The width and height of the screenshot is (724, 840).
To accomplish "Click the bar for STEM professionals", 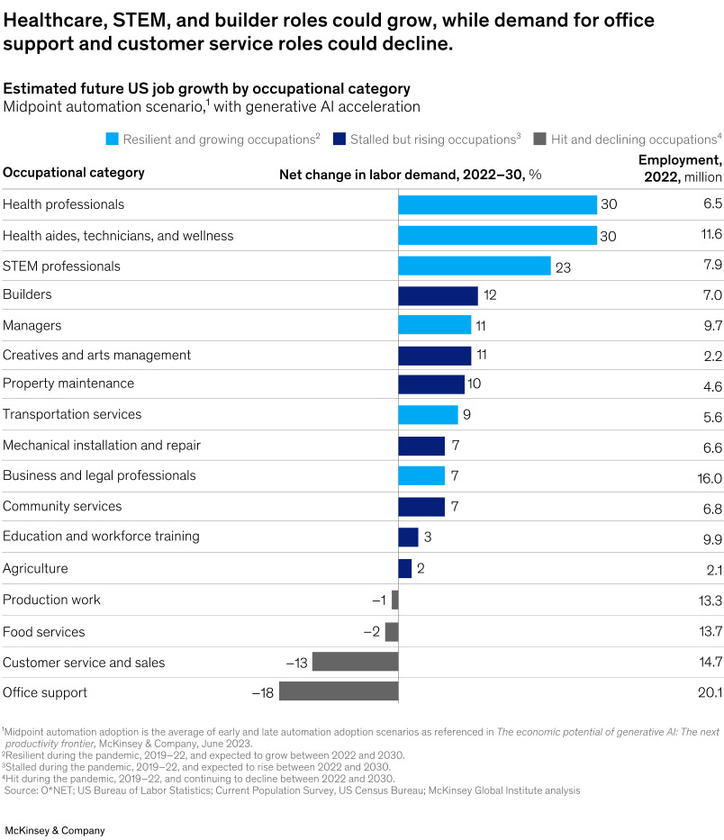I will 475,266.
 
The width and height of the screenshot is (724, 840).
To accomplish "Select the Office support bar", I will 339,691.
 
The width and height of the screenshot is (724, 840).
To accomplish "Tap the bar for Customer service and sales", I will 355,662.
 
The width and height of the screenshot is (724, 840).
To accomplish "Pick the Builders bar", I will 438,295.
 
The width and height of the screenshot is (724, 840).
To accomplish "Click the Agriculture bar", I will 405,568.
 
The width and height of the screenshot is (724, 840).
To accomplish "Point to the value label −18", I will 263,692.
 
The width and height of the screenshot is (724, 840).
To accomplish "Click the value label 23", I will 564,266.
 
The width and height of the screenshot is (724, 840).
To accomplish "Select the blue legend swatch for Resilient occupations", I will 111,140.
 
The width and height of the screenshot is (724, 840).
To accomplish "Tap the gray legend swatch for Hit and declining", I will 540,140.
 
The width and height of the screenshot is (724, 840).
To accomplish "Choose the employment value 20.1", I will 710,692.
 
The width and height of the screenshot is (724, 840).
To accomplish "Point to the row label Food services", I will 44,632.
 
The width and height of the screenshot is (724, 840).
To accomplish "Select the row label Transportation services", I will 72,415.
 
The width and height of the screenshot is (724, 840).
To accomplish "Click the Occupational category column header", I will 74,173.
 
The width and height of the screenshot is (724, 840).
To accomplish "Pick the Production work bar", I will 394,600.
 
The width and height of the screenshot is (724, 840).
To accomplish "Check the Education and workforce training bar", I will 408,537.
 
